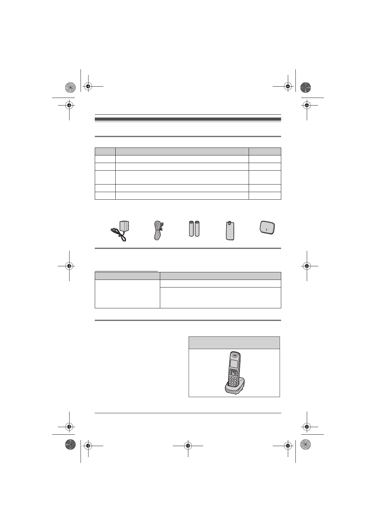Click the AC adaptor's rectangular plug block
click(124, 227)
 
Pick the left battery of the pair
click(191, 228)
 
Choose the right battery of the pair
click(197, 228)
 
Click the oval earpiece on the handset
click(234, 354)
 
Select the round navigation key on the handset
click(233, 373)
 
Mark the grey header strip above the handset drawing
click(234, 342)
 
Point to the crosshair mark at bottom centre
click(188, 446)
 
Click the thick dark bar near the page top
click(188, 119)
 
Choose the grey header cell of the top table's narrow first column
click(105, 151)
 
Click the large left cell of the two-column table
click(127, 293)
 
